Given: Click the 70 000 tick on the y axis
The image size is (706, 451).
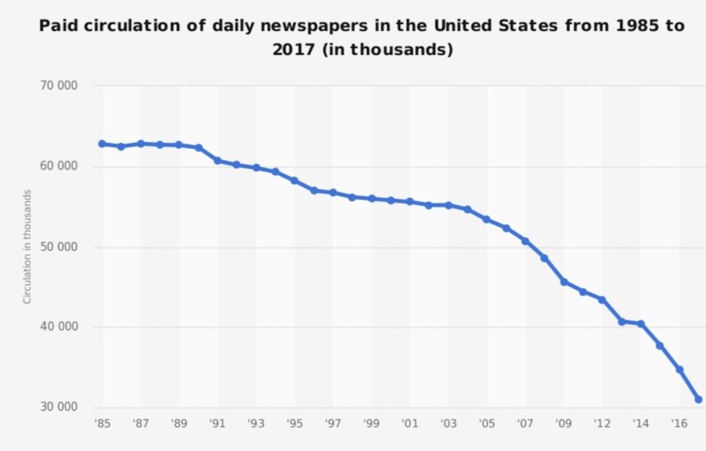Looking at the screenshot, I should click(x=59, y=86).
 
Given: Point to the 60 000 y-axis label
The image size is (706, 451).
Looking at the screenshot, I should click(x=59, y=167).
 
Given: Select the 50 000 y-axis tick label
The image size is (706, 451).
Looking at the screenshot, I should click(x=59, y=247).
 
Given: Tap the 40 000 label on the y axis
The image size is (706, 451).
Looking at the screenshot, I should click(x=59, y=327).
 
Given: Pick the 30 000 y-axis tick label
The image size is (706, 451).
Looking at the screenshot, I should click(x=59, y=407).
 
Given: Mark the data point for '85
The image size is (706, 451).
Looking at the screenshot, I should click(x=102, y=144).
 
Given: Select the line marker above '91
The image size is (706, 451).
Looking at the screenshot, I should click(x=217, y=161).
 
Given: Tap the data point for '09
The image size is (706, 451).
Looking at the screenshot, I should click(x=564, y=282).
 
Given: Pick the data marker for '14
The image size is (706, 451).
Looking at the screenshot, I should click(x=641, y=323).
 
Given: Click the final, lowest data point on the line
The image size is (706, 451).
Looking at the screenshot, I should click(x=698, y=399).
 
